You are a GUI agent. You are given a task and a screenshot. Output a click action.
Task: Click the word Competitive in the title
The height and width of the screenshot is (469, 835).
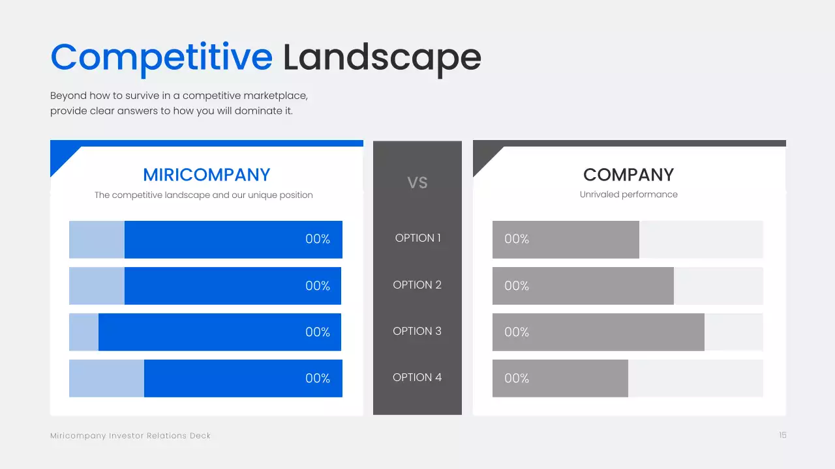click(x=161, y=59)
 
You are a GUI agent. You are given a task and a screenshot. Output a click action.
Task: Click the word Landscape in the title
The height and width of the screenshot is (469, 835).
click(x=382, y=59)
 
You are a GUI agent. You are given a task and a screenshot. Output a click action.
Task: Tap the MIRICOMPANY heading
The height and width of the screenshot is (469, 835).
click(x=207, y=175)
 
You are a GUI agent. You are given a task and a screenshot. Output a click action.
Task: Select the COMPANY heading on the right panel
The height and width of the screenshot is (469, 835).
click(x=628, y=175)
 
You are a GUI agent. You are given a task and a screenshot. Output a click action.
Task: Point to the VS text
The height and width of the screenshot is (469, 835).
click(x=417, y=183)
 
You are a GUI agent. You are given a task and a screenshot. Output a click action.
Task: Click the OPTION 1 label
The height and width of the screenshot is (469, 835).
click(x=417, y=238)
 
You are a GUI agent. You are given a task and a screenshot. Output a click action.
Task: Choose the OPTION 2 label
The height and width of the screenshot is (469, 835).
click(x=417, y=285)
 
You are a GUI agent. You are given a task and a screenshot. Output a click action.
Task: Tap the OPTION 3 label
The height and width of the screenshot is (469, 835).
click(x=417, y=331)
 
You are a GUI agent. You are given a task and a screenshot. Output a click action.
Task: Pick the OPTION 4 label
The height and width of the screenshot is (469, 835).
click(x=417, y=377)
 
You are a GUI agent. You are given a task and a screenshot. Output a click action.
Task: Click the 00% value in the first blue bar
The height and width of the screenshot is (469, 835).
click(x=318, y=239)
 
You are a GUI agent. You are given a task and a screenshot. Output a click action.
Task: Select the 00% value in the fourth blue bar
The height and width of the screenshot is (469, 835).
click(x=318, y=378)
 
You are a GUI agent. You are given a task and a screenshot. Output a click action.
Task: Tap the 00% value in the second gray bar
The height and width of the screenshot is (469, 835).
click(x=517, y=286)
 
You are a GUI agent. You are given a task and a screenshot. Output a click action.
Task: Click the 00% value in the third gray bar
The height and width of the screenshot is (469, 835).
click(x=517, y=332)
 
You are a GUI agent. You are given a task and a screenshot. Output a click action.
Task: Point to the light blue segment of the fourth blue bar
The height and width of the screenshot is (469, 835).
click(x=106, y=378)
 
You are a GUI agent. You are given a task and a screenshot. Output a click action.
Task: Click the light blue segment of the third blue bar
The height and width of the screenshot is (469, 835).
click(x=84, y=332)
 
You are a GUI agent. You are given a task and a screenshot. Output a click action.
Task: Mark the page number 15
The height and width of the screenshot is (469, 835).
click(x=782, y=435)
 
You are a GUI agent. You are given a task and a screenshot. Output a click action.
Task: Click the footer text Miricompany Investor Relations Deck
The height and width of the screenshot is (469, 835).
click(x=130, y=436)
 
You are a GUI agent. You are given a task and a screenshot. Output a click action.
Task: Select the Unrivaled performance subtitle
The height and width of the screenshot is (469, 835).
click(x=628, y=195)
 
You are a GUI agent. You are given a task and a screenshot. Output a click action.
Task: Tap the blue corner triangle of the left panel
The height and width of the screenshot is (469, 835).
click(x=61, y=156)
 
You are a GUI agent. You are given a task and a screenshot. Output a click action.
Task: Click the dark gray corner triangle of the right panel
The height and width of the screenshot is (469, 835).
click(x=483, y=156)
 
